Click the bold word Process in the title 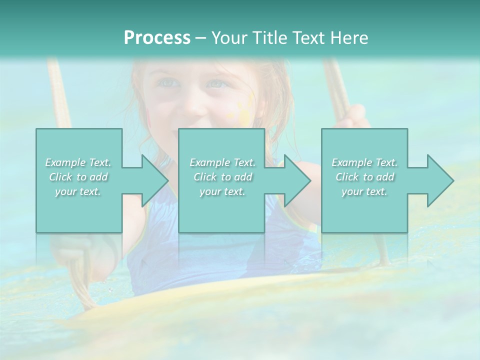coord(157,38)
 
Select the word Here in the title coord(349,38)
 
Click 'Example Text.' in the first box coord(78,162)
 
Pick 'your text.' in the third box coord(364,191)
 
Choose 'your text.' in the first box coord(78,191)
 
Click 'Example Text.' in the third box coord(364,162)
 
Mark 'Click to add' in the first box coord(78,177)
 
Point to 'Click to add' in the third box coord(364,177)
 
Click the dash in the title coord(200,38)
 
